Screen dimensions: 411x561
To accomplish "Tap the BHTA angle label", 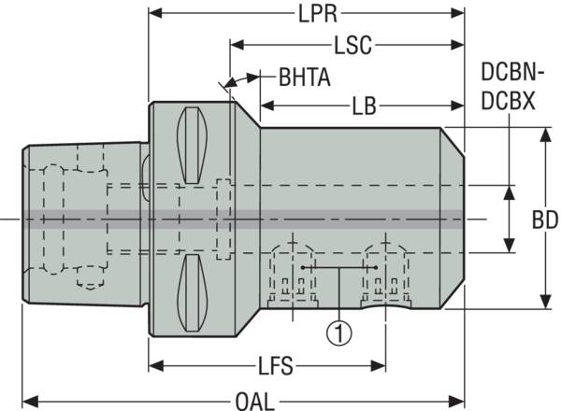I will click(x=304, y=77).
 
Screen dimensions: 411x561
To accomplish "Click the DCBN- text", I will click(x=508, y=73).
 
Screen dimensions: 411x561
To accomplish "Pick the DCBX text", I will click(x=508, y=101).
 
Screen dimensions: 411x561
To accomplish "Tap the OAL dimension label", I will click(x=254, y=401).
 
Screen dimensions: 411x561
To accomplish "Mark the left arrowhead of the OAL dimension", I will click(x=29, y=401).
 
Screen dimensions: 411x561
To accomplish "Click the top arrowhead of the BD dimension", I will click(x=545, y=134).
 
